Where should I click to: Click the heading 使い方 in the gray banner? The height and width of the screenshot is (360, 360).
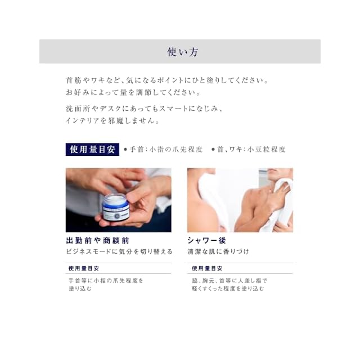182,52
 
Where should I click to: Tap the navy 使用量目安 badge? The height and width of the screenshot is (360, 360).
92,150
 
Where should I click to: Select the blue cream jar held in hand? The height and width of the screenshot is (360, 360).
116,207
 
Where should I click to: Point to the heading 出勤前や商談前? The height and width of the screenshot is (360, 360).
97,241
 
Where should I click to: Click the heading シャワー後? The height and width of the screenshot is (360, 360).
206,241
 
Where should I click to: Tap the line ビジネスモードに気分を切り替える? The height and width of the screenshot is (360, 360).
119,251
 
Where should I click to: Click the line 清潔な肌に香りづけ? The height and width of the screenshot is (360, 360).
218,251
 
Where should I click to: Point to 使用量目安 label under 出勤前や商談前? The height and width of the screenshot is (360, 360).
84,268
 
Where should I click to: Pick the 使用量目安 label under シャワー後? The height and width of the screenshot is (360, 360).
207,268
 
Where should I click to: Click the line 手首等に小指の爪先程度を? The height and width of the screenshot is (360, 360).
106,281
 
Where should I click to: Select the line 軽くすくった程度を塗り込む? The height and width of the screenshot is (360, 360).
228,289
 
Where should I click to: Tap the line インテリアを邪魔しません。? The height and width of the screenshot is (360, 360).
112,120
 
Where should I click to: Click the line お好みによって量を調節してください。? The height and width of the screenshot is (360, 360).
133,92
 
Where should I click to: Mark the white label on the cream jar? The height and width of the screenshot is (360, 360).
116,215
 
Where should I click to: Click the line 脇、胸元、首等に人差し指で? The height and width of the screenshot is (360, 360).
229,281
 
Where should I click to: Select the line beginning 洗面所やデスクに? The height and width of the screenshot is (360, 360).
144,109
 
